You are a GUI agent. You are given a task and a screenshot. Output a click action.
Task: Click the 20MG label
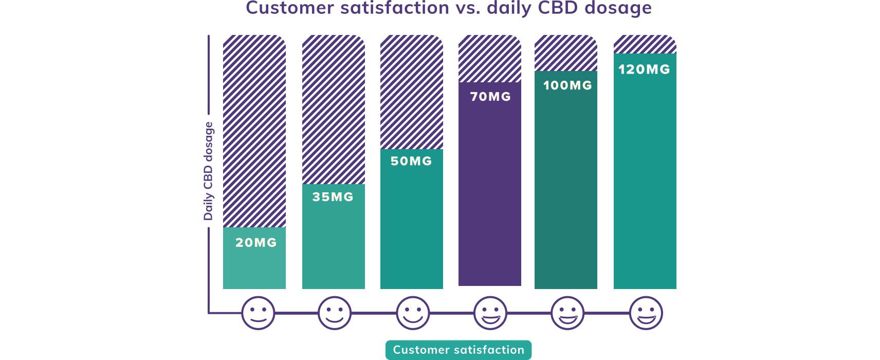(x=256, y=243)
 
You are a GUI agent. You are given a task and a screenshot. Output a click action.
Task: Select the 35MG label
(x=333, y=197)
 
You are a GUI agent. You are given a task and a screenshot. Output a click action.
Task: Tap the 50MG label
(x=411, y=161)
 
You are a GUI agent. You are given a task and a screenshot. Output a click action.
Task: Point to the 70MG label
(x=490, y=97)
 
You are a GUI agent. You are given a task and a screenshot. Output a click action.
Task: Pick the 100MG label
(x=567, y=85)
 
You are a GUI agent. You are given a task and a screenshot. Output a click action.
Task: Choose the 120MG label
(x=644, y=69)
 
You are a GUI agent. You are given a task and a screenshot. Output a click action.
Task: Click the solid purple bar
(x=489, y=195)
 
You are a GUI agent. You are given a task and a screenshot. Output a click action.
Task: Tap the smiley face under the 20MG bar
(x=258, y=313)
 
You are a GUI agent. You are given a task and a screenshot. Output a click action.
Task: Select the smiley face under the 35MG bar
(x=335, y=313)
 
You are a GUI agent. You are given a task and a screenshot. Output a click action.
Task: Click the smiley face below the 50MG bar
(x=413, y=313)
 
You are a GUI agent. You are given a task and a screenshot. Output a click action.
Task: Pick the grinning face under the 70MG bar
(x=490, y=313)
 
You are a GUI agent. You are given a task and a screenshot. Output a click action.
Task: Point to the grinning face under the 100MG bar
(x=567, y=313)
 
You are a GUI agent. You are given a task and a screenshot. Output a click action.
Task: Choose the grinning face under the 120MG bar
(x=646, y=313)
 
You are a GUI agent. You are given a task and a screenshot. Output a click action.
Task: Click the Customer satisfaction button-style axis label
(x=459, y=350)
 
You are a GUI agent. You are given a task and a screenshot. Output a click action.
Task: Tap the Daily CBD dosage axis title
(x=208, y=171)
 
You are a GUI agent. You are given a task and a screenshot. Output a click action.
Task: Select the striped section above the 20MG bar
(x=254, y=131)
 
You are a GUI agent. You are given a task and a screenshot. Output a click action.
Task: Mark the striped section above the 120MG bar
(x=645, y=45)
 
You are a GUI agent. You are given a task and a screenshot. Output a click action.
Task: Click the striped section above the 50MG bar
(x=412, y=93)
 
